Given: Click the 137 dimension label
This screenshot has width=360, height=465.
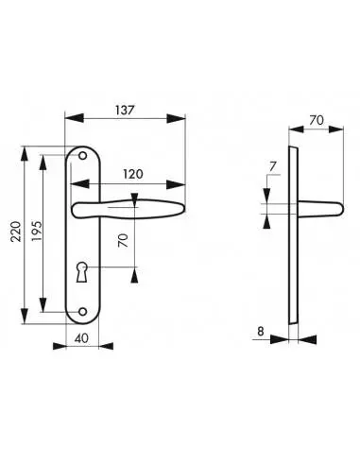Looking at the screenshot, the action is (x=125, y=111).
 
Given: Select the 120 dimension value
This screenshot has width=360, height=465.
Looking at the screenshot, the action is (x=133, y=174).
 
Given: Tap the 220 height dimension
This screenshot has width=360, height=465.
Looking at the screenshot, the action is (x=16, y=232).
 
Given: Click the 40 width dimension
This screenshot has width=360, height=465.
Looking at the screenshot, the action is (x=82, y=338).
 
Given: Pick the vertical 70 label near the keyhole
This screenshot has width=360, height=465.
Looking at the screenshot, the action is (x=123, y=240).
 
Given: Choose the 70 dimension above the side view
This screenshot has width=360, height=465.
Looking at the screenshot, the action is (x=317, y=120).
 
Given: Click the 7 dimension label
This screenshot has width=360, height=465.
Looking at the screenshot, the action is (x=273, y=166).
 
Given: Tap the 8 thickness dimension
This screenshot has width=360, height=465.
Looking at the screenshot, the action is (x=261, y=332).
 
